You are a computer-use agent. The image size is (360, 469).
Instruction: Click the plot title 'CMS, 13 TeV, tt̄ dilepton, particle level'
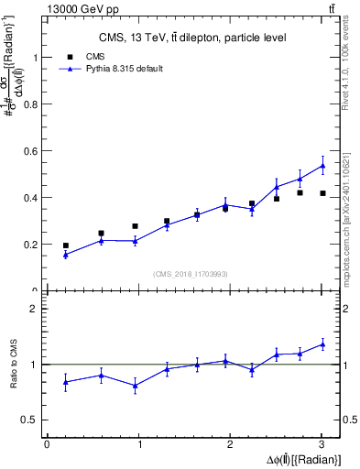tap(192, 38)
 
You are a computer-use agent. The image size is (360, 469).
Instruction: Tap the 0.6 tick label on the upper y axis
tap(30, 150)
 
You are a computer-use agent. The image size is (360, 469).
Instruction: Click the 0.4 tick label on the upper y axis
tap(30, 197)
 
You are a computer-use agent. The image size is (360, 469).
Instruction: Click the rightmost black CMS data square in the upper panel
tap(322, 193)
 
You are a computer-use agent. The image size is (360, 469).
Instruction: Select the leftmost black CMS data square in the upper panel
tap(65, 245)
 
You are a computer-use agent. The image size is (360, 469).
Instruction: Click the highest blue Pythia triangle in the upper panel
tap(322, 166)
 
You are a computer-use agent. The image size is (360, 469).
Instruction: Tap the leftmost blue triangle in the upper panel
tap(65, 255)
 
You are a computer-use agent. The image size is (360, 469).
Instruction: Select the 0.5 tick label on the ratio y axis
tap(30, 420)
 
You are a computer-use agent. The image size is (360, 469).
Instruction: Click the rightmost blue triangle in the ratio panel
tap(322, 344)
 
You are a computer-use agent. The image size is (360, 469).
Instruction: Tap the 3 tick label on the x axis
tap(322, 444)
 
